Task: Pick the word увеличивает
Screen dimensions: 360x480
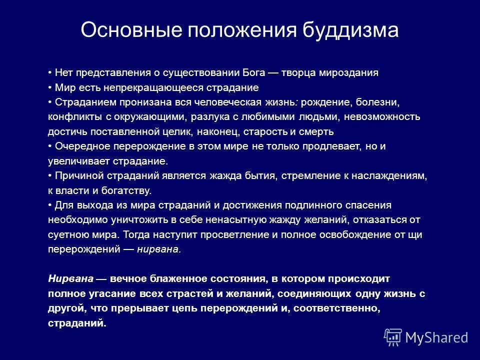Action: tap(73, 161)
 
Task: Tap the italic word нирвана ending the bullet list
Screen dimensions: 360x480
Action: tap(158, 249)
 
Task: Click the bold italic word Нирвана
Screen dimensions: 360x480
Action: tap(67, 278)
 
